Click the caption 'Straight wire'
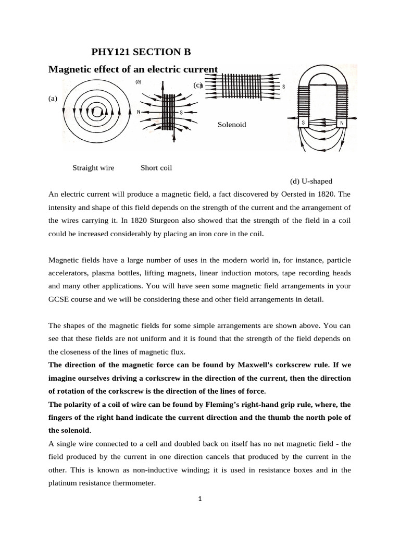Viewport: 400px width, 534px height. click(x=93, y=168)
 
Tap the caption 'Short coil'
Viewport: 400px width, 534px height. click(x=156, y=168)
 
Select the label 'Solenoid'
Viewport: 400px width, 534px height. click(x=231, y=125)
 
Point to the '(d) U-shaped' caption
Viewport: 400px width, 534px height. click(x=311, y=181)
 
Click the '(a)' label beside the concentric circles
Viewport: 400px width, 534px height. click(x=53, y=98)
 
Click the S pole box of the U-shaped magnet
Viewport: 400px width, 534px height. click(x=303, y=124)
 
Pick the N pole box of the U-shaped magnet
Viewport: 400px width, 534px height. click(x=342, y=124)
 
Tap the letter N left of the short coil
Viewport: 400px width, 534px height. click(x=138, y=112)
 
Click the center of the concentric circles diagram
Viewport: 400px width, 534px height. click(x=97, y=111)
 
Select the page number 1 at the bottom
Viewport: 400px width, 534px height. click(x=200, y=499)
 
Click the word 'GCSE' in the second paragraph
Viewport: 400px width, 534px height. click(x=58, y=299)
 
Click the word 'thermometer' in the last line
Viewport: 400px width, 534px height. click(x=136, y=483)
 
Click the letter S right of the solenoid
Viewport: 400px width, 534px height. click(x=283, y=87)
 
